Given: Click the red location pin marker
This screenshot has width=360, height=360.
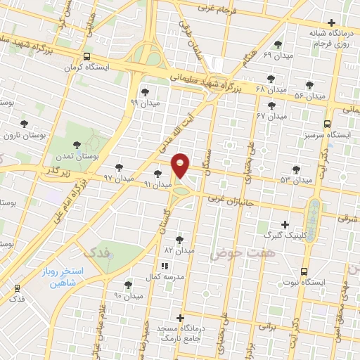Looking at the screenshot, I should tap(181, 165).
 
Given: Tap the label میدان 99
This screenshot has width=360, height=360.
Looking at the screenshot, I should tap(144, 103).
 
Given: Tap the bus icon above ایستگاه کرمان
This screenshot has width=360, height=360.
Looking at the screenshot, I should tap(86, 57).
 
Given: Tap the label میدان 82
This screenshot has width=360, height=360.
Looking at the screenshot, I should tap(178, 250).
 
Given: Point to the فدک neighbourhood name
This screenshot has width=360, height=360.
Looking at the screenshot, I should tap(97, 252).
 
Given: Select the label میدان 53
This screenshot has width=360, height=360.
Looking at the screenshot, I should tap(296, 181).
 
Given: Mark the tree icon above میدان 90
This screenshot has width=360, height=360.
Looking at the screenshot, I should tap(128, 285).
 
